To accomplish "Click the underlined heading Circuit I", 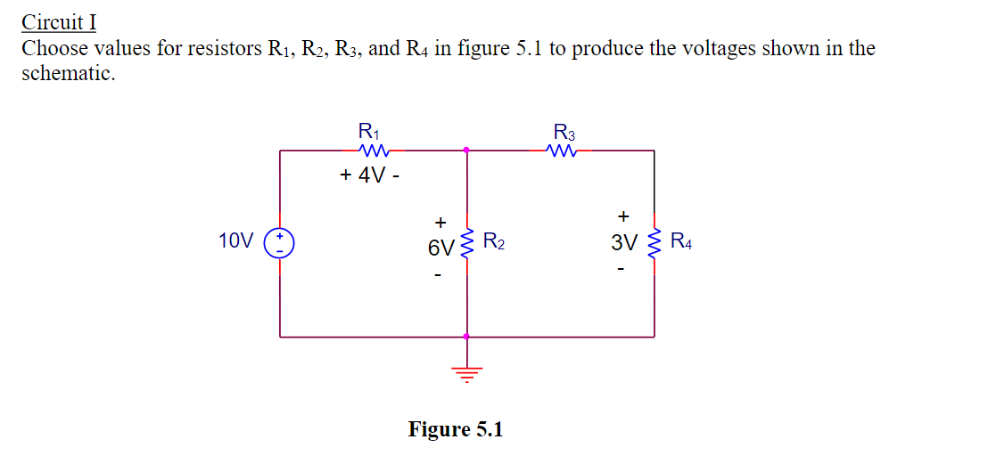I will click(x=59, y=20).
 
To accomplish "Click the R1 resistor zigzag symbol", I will click(x=370, y=150).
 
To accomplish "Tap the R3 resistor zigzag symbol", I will click(x=565, y=150).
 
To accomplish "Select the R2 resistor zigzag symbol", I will click(x=465, y=243).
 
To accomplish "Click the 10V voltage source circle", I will click(x=280, y=243).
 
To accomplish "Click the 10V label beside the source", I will click(x=235, y=240).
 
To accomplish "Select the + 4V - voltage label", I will click(x=369, y=175).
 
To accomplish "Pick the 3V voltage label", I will click(x=624, y=242).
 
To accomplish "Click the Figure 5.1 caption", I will click(x=456, y=429).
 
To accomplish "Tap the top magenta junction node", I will click(x=465, y=150).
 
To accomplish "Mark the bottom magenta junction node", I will click(x=465, y=337).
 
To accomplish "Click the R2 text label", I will click(x=494, y=241).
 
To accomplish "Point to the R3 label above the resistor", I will click(x=564, y=133).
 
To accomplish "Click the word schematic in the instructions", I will click(x=68, y=73).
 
